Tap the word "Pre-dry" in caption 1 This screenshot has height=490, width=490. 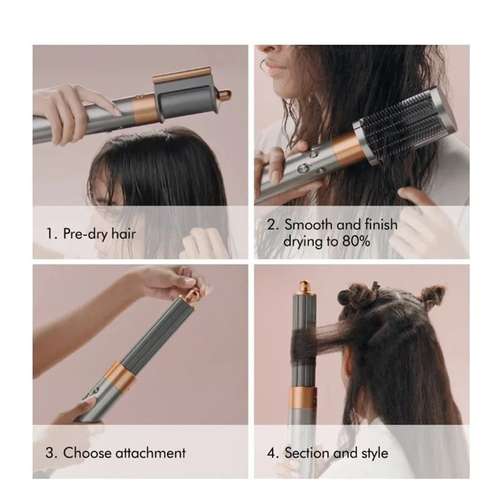tap(83, 233)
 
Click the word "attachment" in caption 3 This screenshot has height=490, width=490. tap(150, 452)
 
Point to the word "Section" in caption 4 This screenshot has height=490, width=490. tap(307, 452)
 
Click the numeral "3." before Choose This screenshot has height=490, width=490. tap(51, 452)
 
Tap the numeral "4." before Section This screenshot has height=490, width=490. tap(273, 452)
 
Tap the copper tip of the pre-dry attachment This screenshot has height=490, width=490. tap(224, 94)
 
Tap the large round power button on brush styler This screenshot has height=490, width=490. tap(303, 168)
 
